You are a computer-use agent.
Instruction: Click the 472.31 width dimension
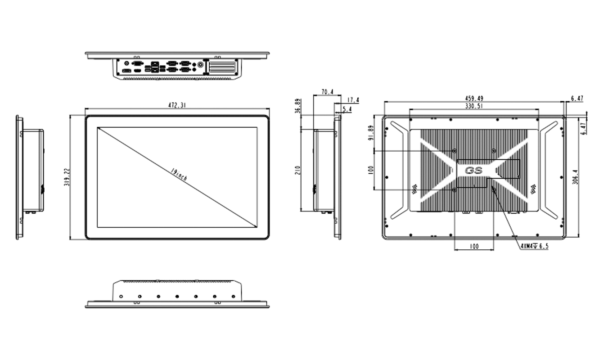click(176, 105)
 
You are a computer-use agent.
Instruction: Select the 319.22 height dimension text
click(66, 177)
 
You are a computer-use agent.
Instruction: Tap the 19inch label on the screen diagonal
click(179, 175)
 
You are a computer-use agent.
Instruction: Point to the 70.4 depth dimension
click(327, 92)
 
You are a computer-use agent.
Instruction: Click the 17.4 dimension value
click(353, 100)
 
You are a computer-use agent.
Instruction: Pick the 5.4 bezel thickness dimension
click(347, 109)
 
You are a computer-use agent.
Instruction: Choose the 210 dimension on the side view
click(297, 171)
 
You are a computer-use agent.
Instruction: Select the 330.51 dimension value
click(474, 106)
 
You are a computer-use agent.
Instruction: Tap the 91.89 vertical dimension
click(371, 133)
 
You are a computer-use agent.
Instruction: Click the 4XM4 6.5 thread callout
click(534, 246)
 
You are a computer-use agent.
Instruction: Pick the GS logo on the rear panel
click(474, 171)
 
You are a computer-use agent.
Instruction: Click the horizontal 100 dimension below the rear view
click(474, 246)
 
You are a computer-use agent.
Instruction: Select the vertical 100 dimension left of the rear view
click(371, 171)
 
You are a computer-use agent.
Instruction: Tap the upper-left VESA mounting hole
click(454, 151)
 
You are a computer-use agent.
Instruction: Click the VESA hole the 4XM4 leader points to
click(494, 190)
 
